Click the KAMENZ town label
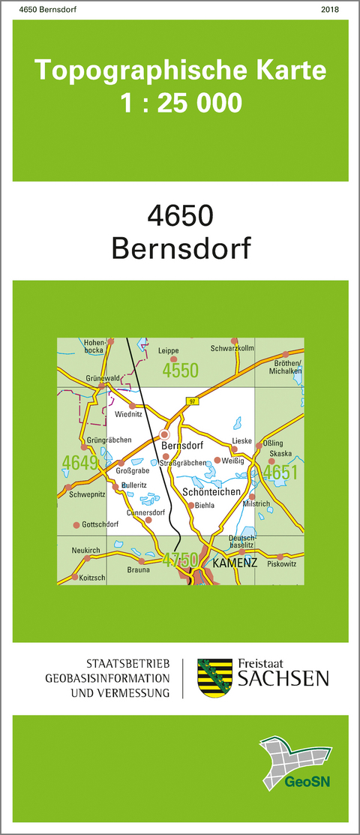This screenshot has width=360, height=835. (x=235, y=562)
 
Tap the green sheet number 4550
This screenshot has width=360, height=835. (x=180, y=370)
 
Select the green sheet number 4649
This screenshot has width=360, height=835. (x=81, y=463)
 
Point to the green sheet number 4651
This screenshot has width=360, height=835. (x=280, y=472)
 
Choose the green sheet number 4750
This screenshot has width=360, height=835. (x=180, y=559)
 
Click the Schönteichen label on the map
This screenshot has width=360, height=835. (x=211, y=491)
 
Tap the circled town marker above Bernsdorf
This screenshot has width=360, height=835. (x=165, y=434)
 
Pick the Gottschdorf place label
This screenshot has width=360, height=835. (x=100, y=524)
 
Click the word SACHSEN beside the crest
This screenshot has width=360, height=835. (x=283, y=679)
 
